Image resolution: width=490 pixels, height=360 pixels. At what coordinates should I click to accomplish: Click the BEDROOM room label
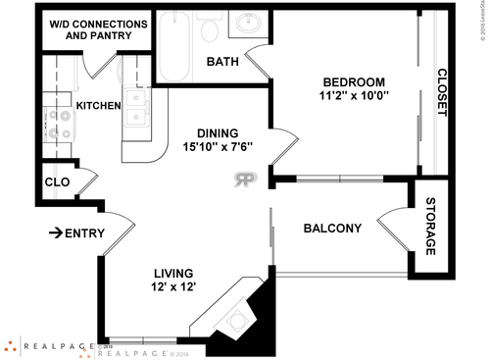click(353, 81)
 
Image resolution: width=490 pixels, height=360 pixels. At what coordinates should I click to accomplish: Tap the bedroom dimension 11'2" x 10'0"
click(353, 96)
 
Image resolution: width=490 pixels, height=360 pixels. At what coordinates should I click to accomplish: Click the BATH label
click(223, 63)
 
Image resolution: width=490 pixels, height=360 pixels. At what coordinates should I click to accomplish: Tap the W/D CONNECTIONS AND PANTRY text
click(93, 28)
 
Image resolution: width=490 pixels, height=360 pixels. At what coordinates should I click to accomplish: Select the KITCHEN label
click(98, 106)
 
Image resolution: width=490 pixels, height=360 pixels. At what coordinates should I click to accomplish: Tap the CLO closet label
click(56, 182)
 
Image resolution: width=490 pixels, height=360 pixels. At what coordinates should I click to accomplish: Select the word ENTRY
click(84, 232)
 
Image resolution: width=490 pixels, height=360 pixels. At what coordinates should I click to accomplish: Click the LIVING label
click(172, 273)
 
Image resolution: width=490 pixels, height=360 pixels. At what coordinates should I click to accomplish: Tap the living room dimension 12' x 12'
click(172, 287)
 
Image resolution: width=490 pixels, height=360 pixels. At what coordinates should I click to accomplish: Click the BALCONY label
click(332, 229)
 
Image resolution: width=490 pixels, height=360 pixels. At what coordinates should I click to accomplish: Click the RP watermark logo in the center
click(244, 179)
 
